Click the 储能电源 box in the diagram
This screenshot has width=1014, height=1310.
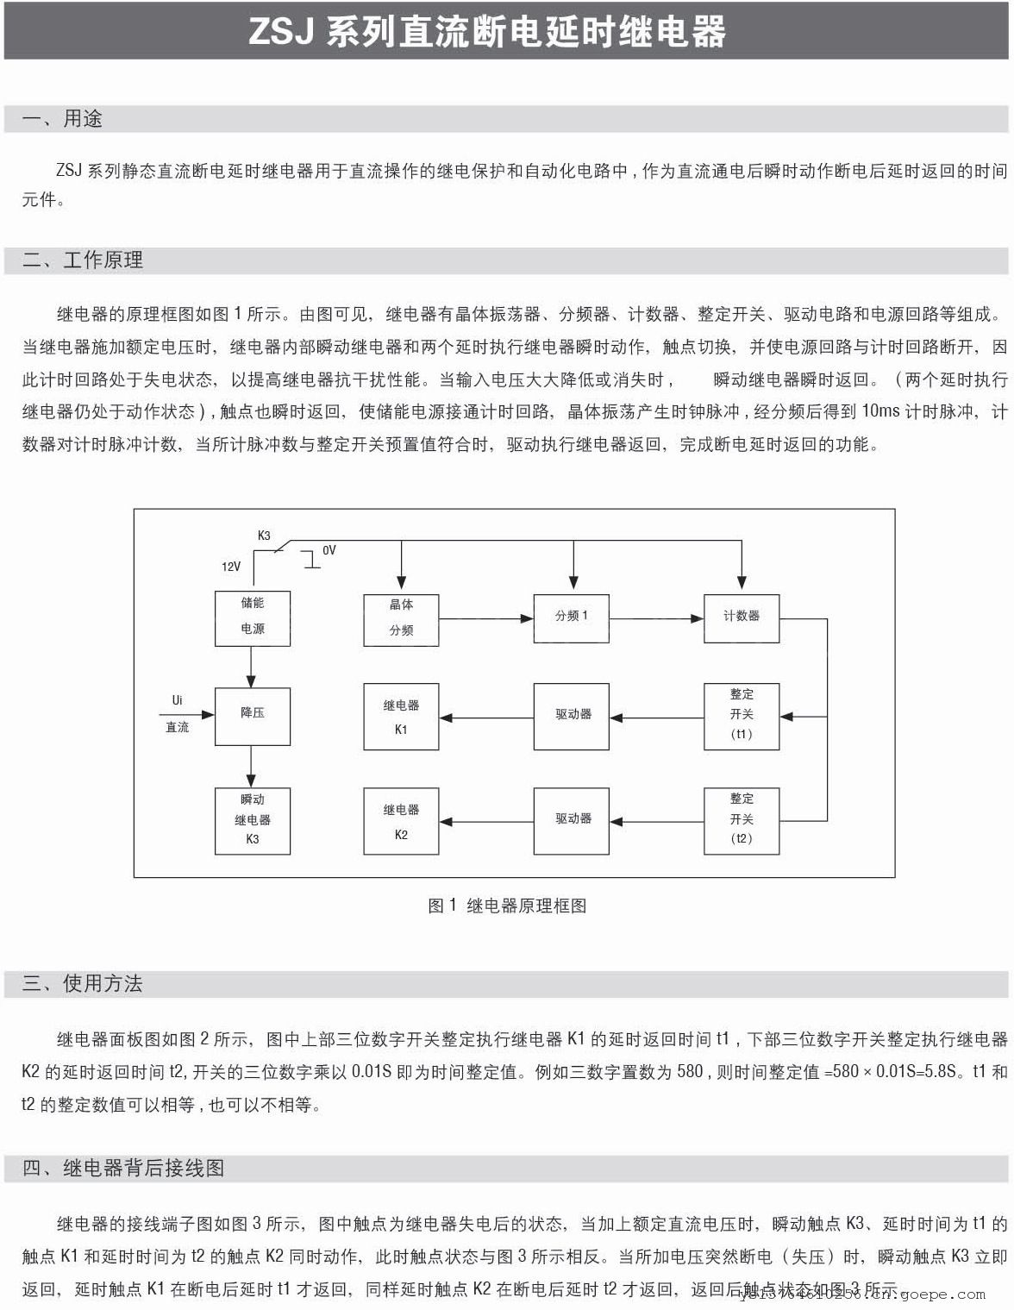tap(252, 617)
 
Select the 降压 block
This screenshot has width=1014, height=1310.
tap(252, 715)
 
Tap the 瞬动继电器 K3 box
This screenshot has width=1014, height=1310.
tap(252, 820)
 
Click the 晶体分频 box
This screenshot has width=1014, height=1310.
tap(401, 619)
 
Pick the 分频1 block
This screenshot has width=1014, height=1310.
tap(571, 617)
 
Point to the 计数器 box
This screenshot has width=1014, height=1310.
tap(742, 617)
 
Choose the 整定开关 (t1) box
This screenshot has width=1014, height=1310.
tap(742, 716)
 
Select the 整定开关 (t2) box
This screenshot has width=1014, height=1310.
tap(742, 820)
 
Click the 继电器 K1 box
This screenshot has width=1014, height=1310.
tap(401, 717)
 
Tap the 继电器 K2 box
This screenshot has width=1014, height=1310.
tap(401, 821)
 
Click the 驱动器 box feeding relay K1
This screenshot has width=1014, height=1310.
tap(571, 716)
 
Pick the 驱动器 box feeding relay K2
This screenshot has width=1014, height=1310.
tap(571, 820)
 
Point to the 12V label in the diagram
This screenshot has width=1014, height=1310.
tap(231, 567)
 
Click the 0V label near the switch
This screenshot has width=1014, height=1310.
tap(329, 550)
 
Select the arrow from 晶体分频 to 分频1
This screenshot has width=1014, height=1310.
tap(485, 617)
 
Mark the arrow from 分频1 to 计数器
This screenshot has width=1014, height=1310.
tap(656, 617)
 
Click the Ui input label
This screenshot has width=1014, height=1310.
tap(178, 700)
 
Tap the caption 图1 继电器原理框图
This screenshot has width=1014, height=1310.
tap(507, 906)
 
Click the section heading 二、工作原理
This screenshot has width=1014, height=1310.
tap(83, 260)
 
